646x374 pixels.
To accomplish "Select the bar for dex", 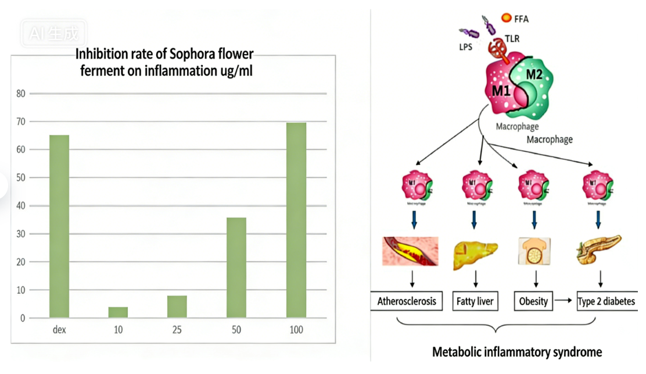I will click(59, 226).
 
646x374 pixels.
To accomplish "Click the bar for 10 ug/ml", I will click(118, 312).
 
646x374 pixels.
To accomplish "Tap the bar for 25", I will click(177, 307).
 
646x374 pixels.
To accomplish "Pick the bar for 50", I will click(236, 268).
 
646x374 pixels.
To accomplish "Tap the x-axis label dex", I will click(59, 330).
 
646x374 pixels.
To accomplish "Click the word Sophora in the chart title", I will click(187, 55).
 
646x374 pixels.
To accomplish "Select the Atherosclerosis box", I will click(407, 301).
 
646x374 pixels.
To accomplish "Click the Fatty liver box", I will click(476, 301).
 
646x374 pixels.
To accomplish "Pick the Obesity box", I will click(533, 301).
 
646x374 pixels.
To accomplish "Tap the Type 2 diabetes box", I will click(606, 301).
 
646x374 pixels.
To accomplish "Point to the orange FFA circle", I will click(506, 18).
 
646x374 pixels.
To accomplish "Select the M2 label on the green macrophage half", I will click(534, 74).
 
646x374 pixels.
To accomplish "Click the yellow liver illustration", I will click(475, 251).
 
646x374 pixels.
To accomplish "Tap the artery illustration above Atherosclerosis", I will click(410, 251).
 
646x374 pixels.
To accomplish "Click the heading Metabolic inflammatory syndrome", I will click(517, 352).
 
